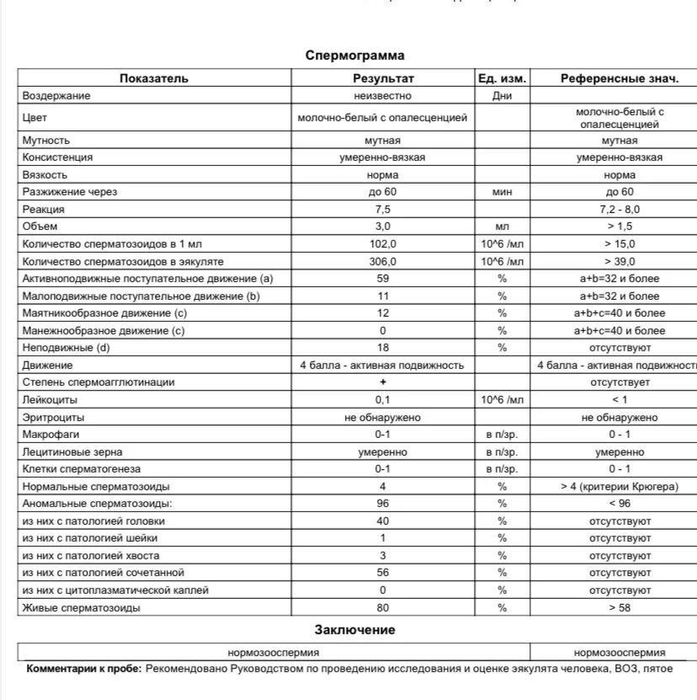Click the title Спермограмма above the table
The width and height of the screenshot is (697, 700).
pos(354,56)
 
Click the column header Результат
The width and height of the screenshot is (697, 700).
pos(383,78)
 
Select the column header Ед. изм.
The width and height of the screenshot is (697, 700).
pos(502,78)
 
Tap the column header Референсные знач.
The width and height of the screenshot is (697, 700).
pos(620,78)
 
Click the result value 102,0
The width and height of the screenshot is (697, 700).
pos(383,244)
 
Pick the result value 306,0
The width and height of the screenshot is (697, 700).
pos(383,261)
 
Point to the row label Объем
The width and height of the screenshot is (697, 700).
pos(40,227)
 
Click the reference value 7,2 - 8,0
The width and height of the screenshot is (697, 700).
pos(620,209)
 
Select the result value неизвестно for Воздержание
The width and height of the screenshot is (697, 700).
pos(383,96)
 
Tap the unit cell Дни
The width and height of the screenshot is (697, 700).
pos(502,96)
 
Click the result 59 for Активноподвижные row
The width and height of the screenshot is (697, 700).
pos(383,279)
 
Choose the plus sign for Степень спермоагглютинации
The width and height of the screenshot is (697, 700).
pos(383,382)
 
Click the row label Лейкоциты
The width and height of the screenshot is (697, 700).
pos(51,399)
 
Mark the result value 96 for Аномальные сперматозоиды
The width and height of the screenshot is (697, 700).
pos(383,504)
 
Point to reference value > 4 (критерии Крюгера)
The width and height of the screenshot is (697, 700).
pos(620,486)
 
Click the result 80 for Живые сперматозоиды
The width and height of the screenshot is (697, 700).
pos(383,607)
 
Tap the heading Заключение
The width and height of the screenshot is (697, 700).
pos(354,629)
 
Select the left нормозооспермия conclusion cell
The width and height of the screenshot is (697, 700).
pos(274,652)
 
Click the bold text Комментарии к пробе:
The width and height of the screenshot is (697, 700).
pos(84,669)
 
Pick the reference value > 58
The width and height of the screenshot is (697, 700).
pos(620,607)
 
